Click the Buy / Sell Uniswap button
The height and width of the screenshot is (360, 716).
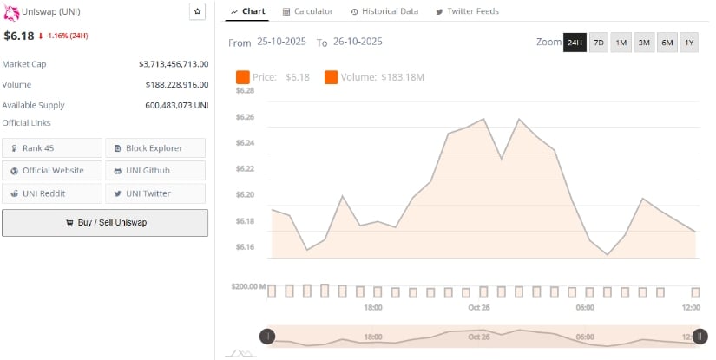click(105, 223)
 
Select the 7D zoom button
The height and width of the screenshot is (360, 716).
click(599, 43)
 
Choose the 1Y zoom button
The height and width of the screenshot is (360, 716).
click(689, 43)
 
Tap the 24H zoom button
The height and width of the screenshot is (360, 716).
click(575, 43)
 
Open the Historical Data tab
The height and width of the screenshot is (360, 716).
click(384, 11)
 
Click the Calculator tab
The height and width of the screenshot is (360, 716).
click(307, 11)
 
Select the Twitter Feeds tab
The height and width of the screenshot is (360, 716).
click(467, 11)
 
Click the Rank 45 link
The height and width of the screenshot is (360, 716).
click(51, 147)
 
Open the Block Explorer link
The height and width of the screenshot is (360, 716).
click(155, 147)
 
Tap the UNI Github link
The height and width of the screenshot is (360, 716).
click(155, 170)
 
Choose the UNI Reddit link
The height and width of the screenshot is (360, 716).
click(51, 193)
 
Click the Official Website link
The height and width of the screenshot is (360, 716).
click(51, 170)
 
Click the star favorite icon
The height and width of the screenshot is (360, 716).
click(197, 11)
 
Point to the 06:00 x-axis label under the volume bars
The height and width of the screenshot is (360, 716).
click(585, 308)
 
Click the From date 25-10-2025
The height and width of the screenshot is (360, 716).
click(282, 42)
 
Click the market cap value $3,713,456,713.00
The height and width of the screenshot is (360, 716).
click(174, 64)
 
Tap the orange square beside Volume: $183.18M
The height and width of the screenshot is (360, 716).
click(332, 78)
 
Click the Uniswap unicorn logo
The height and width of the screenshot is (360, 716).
click(10, 11)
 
